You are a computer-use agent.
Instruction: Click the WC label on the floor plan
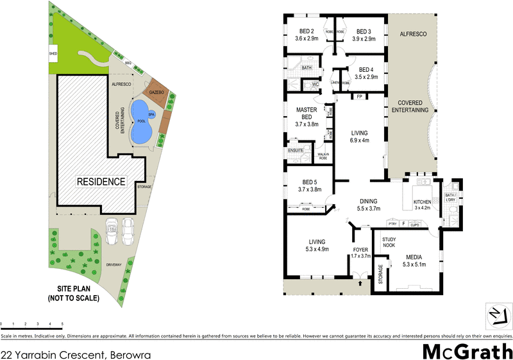pyautogui.click(x=315, y=84)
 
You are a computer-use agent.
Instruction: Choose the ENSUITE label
pyautogui.click(x=296, y=151)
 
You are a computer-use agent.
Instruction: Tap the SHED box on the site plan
pyautogui.click(x=53, y=54)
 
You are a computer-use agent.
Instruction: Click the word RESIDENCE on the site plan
pyautogui.click(x=101, y=182)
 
